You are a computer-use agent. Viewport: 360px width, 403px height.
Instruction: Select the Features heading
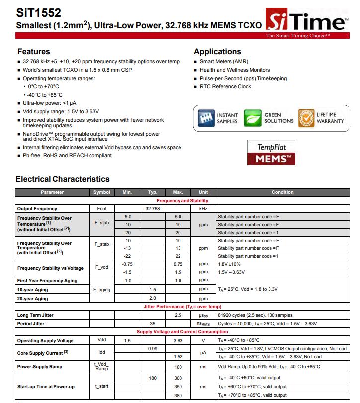click(x=34, y=52)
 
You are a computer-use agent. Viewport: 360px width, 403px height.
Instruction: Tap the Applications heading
click(x=217, y=52)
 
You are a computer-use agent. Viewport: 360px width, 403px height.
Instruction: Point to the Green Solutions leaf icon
click(x=253, y=118)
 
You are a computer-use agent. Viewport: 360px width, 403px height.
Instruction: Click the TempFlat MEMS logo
click(x=272, y=153)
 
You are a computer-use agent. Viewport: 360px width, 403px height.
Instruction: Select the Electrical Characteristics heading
click(x=63, y=179)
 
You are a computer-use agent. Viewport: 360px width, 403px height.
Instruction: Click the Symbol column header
click(x=102, y=192)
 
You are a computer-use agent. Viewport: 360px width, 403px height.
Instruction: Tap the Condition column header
click(x=282, y=192)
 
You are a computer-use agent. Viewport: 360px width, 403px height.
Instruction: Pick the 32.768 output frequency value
click(x=152, y=209)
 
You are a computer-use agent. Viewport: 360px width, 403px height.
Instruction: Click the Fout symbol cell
click(x=102, y=209)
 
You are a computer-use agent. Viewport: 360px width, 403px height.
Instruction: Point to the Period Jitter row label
click(x=31, y=324)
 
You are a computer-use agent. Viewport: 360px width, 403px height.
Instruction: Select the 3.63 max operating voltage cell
click(x=178, y=341)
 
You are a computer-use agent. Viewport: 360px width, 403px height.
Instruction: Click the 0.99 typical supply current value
click(x=152, y=349)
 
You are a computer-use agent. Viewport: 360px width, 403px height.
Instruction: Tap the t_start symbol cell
click(x=102, y=387)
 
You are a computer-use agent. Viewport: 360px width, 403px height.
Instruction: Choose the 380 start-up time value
click(x=178, y=395)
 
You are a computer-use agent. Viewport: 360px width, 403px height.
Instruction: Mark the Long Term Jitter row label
click(x=35, y=315)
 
